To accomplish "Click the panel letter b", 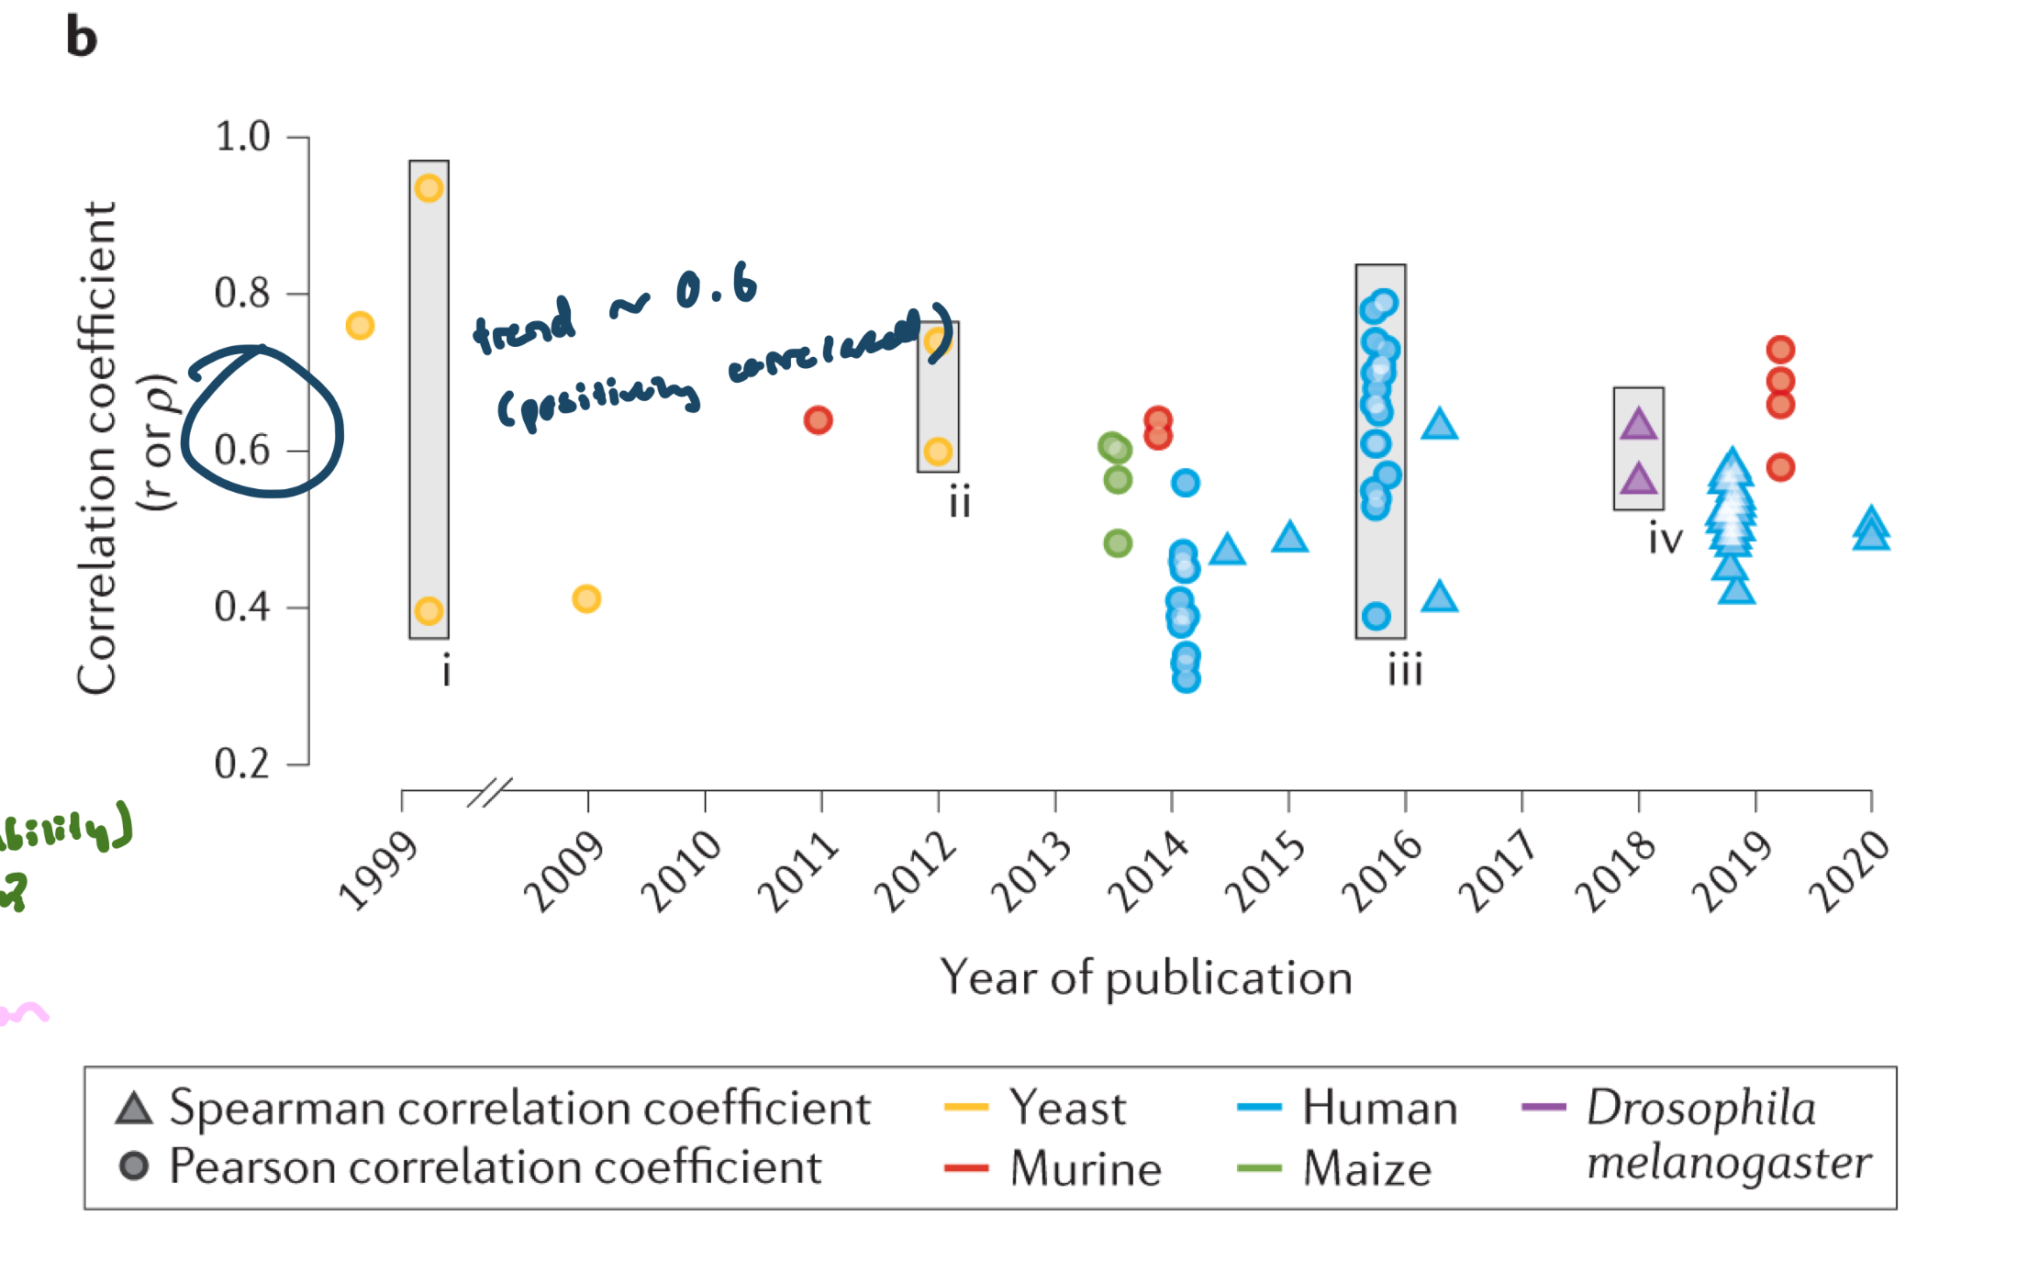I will pos(81,38).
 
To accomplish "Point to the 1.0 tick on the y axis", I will pos(242,138).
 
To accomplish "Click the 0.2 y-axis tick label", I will pos(242,764).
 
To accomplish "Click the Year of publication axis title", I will pos(1146,977).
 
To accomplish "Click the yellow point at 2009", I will pos(586,599).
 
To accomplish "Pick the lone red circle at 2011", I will pos(818,420).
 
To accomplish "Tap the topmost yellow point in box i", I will pos(429,188).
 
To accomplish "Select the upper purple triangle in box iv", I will pos(1638,426).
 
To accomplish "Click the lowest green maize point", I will pos(1118,543).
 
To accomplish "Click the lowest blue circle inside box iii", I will pos(1376,616).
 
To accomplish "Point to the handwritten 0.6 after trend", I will pos(716,289).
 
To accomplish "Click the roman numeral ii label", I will pos(960,503).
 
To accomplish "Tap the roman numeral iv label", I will pos(1665,539).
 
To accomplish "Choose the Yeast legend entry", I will pos(1066,1108).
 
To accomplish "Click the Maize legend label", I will pos(1367,1168).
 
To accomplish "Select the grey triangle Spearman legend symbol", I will pos(134,1109).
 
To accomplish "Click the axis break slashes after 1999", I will pos(490,791).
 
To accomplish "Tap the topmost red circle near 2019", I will pos(1780,350).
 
